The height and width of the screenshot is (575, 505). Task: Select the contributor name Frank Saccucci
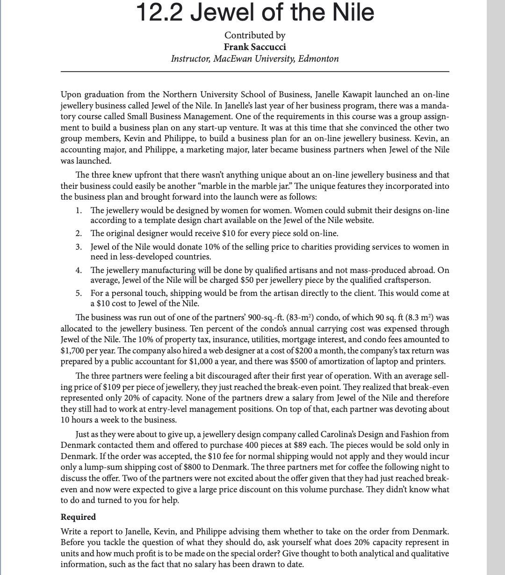(x=255, y=47)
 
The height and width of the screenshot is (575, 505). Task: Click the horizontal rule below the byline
(x=255, y=72)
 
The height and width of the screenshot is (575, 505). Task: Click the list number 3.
(x=79, y=247)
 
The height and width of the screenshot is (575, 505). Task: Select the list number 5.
(x=79, y=293)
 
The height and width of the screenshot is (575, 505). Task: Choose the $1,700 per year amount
(x=72, y=350)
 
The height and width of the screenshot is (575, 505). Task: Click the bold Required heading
(x=78, y=517)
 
